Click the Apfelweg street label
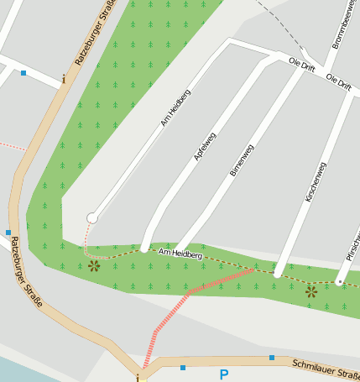pyautogui.click(x=205, y=146)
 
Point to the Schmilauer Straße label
pyautogui.click(x=326, y=369)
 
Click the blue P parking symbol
pyautogui.click(x=223, y=374)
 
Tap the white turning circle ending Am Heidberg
pyautogui.click(x=92, y=218)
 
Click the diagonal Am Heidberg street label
pyautogui.click(x=177, y=107)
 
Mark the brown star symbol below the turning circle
pyautogui.click(x=93, y=267)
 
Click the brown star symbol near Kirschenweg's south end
pyautogui.click(x=311, y=292)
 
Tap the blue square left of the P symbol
pyautogui.click(x=183, y=367)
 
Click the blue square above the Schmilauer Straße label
pyautogui.click(x=272, y=358)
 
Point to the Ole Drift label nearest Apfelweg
pyautogui.click(x=300, y=63)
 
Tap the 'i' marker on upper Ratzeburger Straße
pyautogui.click(x=63, y=81)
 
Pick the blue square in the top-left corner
pyautogui.click(x=23, y=73)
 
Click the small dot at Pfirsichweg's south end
pyautogui.click(x=339, y=282)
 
